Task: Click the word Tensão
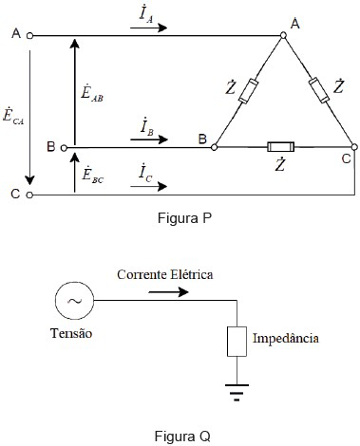tap(72, 333)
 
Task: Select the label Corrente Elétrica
tap(165, 273)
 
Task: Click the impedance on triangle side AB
tap(250, 91)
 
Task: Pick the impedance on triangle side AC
tap(318, 90)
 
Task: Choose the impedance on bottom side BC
tap(283, 147)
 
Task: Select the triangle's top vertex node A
tap(283, 36)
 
